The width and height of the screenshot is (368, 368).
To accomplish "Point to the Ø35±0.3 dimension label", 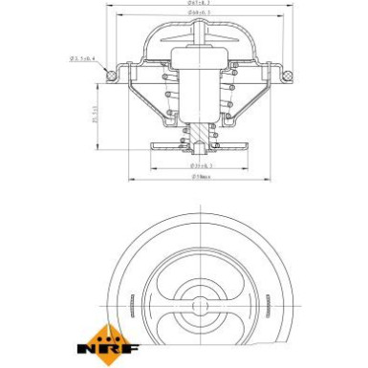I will coord(201,165).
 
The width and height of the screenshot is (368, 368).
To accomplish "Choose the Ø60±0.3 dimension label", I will coord(201,16).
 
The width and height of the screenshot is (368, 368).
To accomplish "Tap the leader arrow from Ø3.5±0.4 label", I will coord(102,66).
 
